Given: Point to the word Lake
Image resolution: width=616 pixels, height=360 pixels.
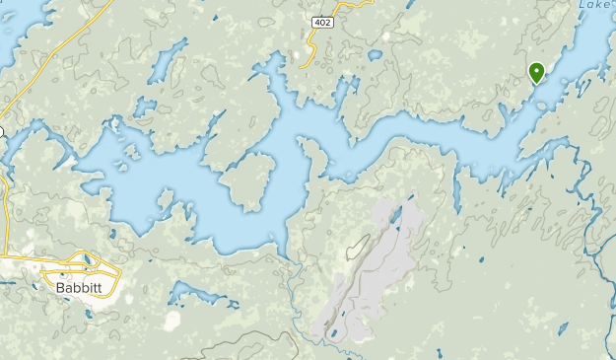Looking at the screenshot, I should coord(593,5).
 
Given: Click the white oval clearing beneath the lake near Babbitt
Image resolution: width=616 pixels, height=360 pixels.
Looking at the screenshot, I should coord(172,322).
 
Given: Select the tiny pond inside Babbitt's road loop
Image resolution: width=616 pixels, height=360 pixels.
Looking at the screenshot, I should coord(86,261).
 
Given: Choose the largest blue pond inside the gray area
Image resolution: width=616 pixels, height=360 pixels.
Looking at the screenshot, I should coord(395,212).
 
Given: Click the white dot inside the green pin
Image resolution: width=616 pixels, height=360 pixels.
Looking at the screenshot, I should coord(536,70).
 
